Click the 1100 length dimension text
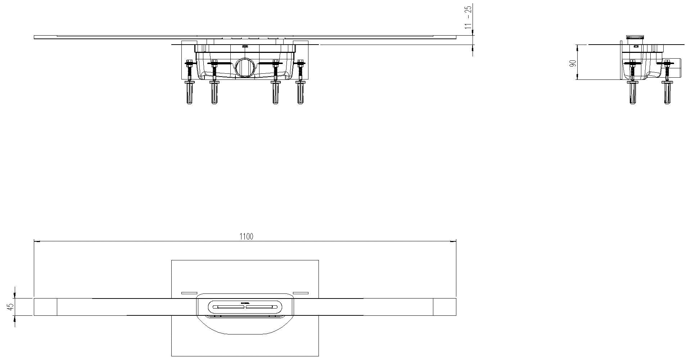coord(247,236)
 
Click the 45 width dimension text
coord(11,307)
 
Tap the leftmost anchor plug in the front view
coord(189,93)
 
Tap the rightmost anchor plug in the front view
coord(300,93)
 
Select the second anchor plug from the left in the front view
coord(214,93)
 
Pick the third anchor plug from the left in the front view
coord(275,93)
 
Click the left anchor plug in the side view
coord(632,93)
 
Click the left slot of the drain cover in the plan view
coord(229,307)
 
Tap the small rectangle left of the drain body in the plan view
coord(189,293)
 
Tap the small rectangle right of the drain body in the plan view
coord(301,293)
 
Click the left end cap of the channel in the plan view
coord(45,307)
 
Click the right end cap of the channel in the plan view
coord(444,307)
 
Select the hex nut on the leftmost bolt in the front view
coord(189,64)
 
